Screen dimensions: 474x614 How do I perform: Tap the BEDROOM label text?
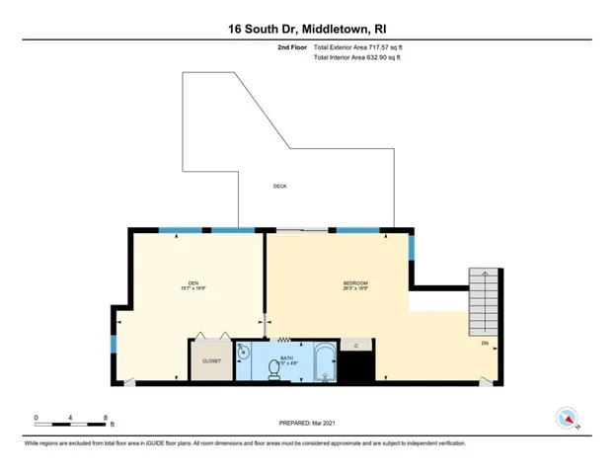coord(355,283)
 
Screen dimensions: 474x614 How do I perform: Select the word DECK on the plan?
coord(280,187)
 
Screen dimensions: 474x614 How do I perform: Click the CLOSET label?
coord(212,361)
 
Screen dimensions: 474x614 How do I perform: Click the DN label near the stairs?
coord(485,343)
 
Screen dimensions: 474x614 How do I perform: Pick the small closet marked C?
coord(355,346)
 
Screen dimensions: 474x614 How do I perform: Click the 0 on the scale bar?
coord(37,418)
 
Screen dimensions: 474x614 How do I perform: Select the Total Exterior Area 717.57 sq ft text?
coord(357,46)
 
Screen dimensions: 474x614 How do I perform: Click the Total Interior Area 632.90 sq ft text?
coord(356,58)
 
